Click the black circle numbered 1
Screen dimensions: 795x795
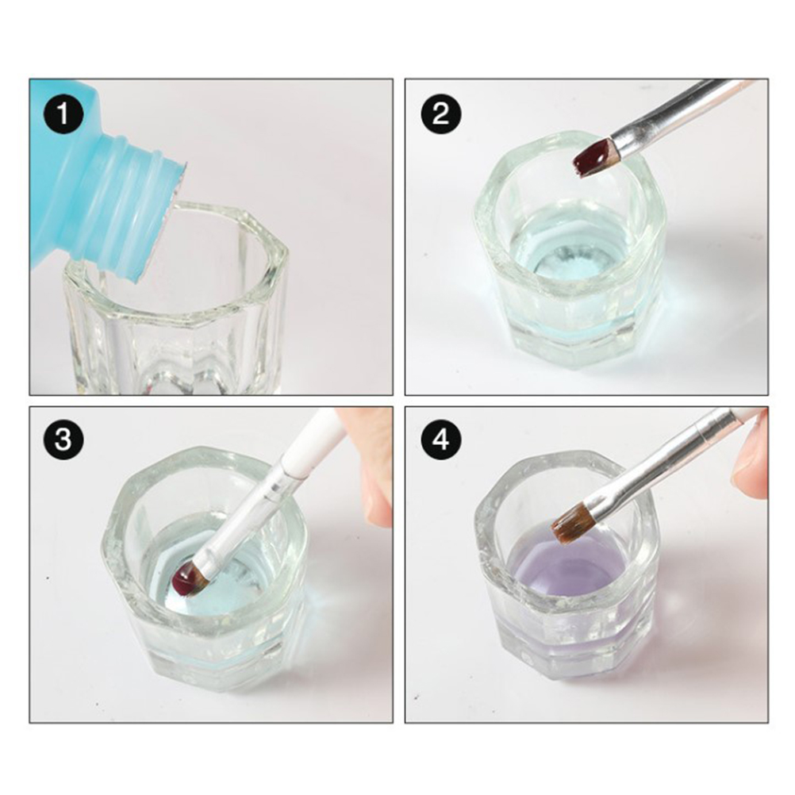pyautogui.click(x=63, y=113)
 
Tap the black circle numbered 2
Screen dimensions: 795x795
pyautogui.click(x=441, y=113)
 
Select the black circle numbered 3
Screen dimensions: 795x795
pyautogui.click(x=63, y=439)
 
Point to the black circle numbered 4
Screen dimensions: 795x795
pyautogui.click(x=441, y=439)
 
